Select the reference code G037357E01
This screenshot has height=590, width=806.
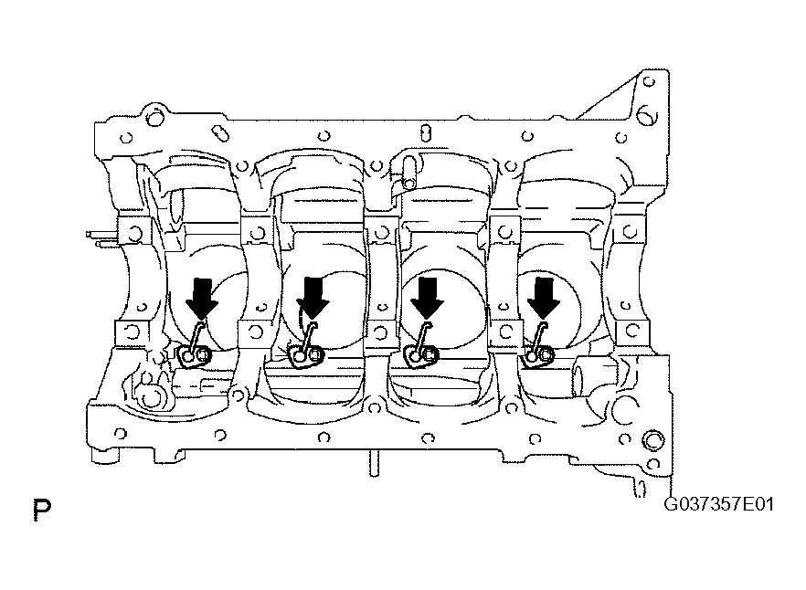718,504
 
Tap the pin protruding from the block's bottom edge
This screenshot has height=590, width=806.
374,464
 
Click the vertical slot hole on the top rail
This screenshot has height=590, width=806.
425,132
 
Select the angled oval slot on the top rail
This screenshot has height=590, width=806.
220,132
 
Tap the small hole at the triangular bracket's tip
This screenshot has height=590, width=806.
650,81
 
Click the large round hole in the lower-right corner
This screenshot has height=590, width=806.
653,440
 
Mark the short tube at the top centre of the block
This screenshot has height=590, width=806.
409,173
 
